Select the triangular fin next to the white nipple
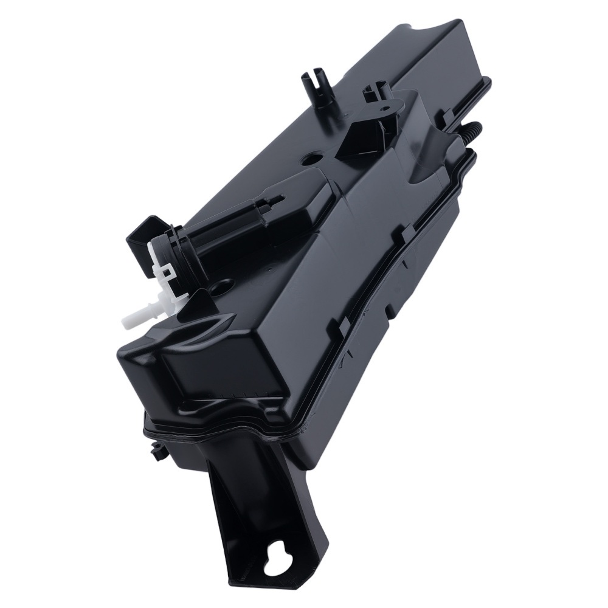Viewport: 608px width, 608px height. (201, 300)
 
